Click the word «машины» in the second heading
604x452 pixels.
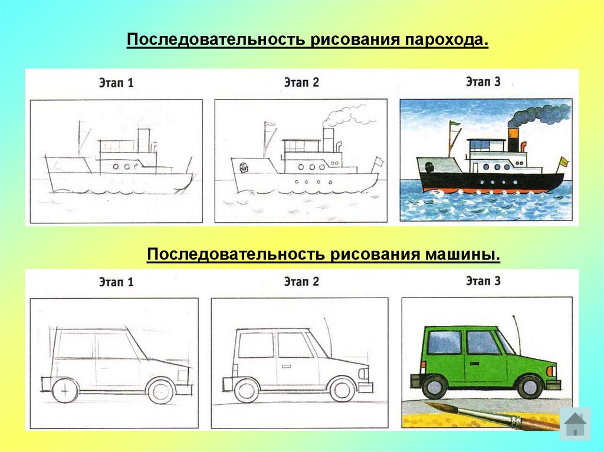click(464, 255)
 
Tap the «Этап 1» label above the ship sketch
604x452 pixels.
click(116, 83)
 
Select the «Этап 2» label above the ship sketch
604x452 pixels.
click(301, 83)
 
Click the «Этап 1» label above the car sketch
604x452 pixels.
click(116, 282)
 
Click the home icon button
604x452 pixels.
click(575, 423)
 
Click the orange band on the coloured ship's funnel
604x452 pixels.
click(514, 143)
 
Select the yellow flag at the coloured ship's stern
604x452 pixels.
click(563, 161)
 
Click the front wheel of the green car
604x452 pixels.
click(530, 387)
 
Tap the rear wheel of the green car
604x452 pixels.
click(435, 387)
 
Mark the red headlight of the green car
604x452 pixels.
click(552, 372)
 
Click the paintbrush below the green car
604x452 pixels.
click(490, 415)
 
